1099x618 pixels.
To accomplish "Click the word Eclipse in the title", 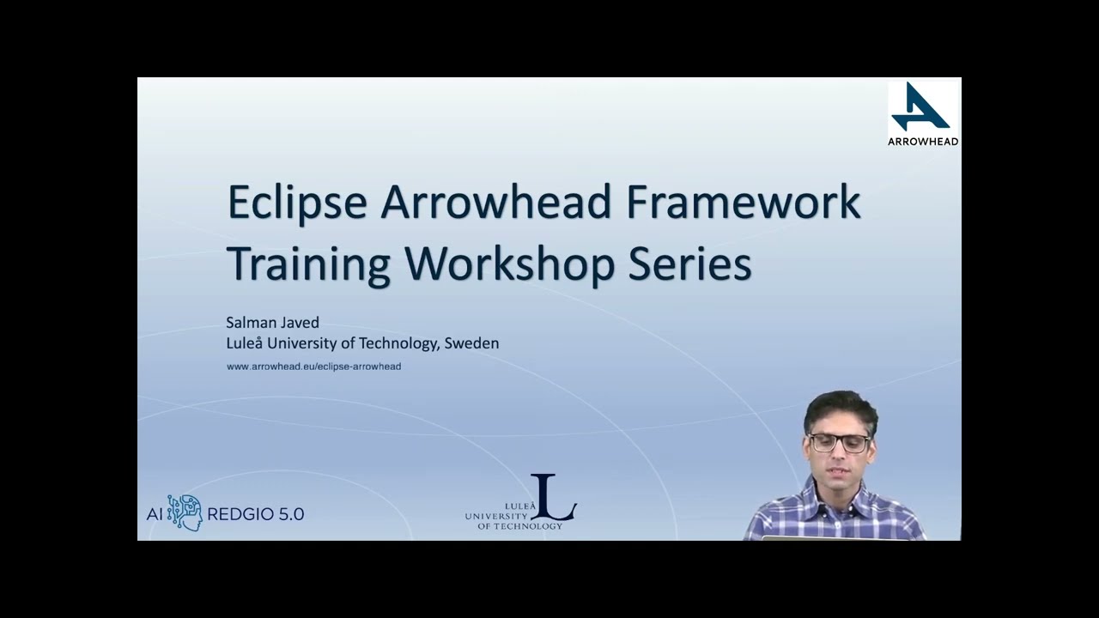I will [x=297, y=203].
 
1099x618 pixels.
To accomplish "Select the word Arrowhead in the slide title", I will [x=495, y=203].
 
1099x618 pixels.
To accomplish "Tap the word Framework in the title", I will [x=743, y=203].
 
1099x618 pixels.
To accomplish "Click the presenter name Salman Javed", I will [x=272, y=323].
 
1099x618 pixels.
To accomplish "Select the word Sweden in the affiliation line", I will [x=473, y=343].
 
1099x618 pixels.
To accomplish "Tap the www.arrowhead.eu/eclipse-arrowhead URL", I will [x=313, y=367].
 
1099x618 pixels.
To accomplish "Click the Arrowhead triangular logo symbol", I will [x=920, y=107].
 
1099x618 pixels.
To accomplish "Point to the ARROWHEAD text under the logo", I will [x=923, y=141].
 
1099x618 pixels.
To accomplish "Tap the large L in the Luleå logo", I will [x=553, y=498].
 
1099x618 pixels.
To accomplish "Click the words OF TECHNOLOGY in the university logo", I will [x=519, y=526].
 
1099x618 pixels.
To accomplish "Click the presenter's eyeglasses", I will [x=839, y=443].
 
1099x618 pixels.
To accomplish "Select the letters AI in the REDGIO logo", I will [x=154, y=514].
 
